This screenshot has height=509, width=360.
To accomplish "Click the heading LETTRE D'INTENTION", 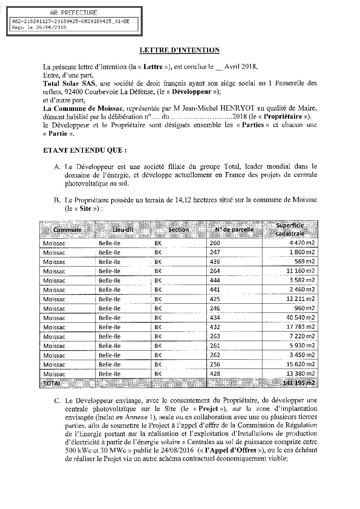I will click(x=179, y=50).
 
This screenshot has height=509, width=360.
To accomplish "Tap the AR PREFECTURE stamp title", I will click(x=73, y=13).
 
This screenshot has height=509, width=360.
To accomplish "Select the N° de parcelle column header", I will click(x=234, y=230).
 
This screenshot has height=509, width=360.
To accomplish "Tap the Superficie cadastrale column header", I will click(x=290, y=229).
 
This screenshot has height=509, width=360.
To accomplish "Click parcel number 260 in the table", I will click(x=215, y=243).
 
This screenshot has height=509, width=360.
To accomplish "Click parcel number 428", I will click(x=215, y=374).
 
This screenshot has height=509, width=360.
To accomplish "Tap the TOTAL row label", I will click(x=51, y=383).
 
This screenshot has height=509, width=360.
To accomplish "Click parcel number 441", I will click(x=215, y=290).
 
